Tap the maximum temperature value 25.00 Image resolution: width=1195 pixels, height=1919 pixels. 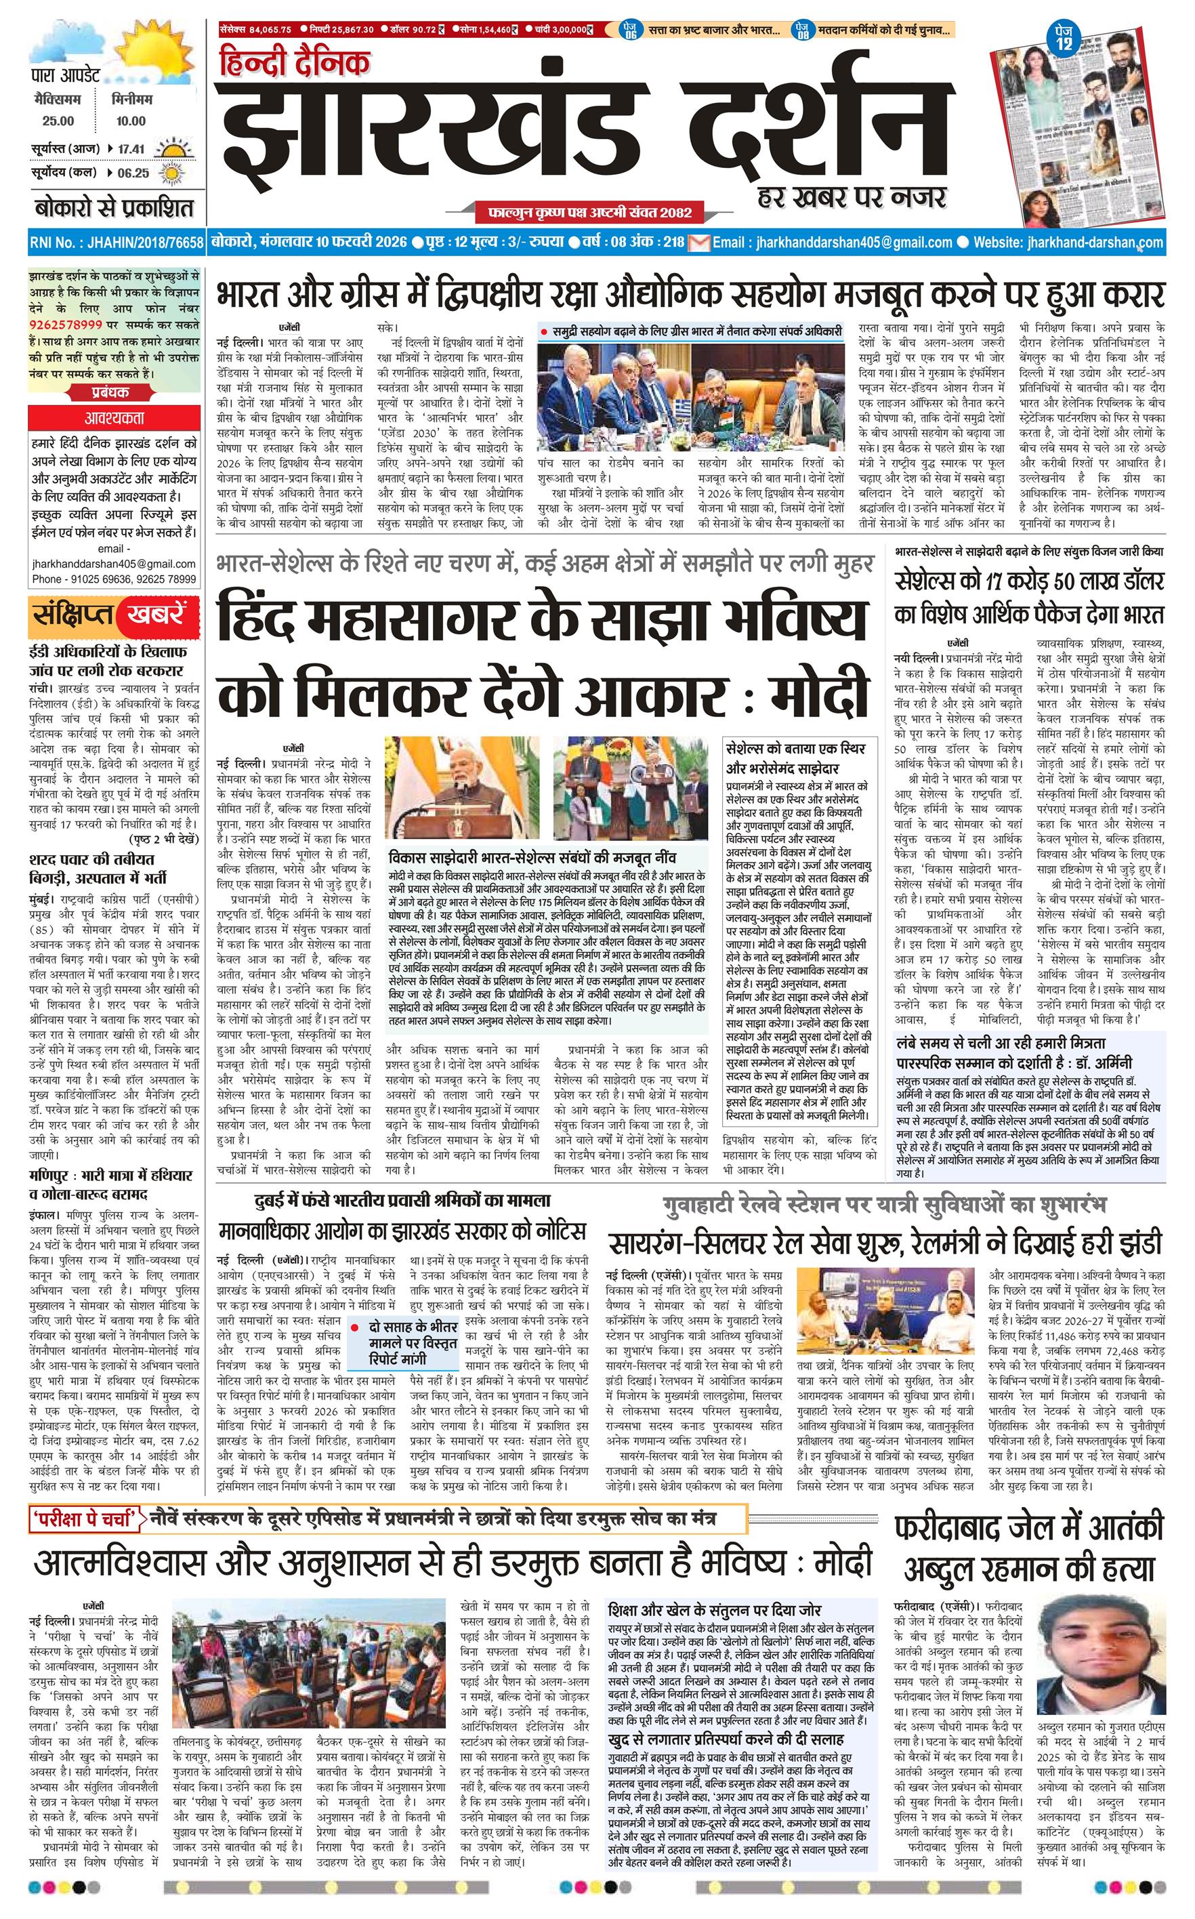point(58,121)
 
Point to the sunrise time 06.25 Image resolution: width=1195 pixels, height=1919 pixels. point(133,173)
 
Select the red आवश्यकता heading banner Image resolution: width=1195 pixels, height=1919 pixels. point(112,418)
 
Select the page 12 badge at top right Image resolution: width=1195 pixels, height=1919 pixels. point(1064,39)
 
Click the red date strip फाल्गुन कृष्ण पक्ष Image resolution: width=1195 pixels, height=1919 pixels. point(585,212)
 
